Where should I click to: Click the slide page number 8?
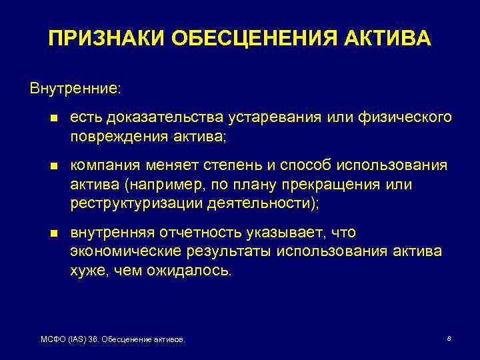pyautogui.click(x=449, y=339)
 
